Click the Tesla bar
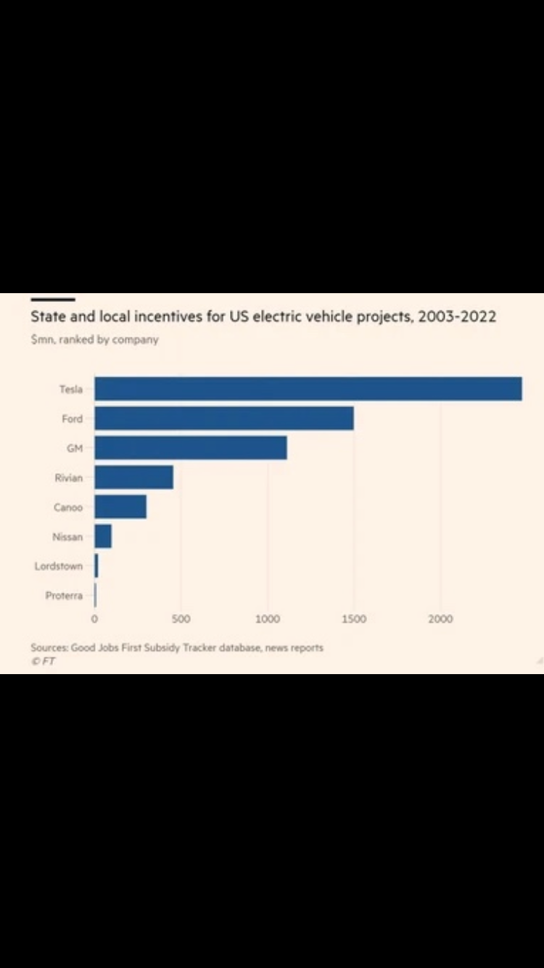point(308,389)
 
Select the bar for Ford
point(224,419)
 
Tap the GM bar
point(191,448)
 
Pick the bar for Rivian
point(134,477)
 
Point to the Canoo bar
point(120,507)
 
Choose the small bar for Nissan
point(103,537)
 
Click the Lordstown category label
point(59,566)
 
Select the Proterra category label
point(64,596)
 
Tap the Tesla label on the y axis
point(71,390)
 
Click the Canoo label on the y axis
point(68,507)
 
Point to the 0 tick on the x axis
point(94,619)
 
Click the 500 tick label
point(181,619)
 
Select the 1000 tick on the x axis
point(267,619)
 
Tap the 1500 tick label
point(353,619)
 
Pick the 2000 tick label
point(440,619)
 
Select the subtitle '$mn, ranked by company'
point(94,340)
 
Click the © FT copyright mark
point(43,661)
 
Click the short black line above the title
point(52,299)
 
